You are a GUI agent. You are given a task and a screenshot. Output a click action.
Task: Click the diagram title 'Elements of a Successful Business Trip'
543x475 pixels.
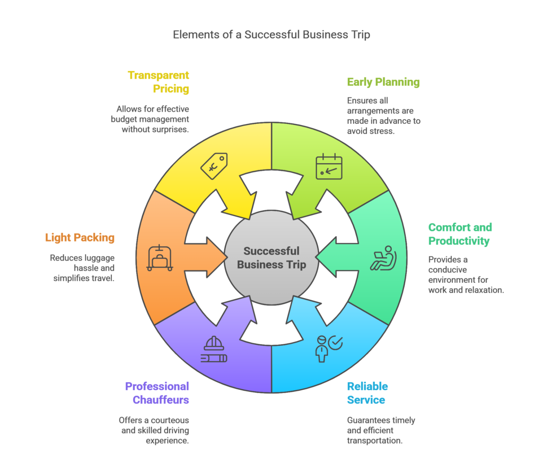point(271,35)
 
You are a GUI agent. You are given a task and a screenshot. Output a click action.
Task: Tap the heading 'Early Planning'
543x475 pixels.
point(383,82)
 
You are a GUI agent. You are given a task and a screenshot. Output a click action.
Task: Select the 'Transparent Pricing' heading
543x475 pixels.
point(158,82)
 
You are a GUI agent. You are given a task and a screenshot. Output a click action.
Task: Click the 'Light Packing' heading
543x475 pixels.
point(80,238)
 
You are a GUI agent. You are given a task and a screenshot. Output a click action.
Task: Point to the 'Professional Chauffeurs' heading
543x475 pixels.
point(157,393)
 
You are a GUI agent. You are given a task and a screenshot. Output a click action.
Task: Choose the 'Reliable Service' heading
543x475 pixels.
point(367,393)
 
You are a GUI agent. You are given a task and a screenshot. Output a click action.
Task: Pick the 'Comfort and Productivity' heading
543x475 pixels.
point(460,234)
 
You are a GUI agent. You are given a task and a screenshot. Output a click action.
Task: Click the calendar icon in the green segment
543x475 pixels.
point(329,166)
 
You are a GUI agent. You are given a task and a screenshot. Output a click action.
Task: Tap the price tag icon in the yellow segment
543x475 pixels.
point(214,166)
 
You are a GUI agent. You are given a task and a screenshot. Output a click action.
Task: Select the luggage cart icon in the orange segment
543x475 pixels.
point(160,258)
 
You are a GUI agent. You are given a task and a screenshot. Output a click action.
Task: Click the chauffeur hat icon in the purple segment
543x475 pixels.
point(214,351)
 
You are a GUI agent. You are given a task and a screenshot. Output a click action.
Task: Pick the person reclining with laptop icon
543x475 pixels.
point(383,258)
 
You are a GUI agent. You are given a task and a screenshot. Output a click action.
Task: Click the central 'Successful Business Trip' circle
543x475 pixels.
point(271,258)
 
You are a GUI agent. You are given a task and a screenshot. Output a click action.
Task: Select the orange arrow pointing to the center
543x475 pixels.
point(207,258)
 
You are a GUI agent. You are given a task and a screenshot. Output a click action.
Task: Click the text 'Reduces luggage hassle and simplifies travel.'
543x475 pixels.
point(82,268)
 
